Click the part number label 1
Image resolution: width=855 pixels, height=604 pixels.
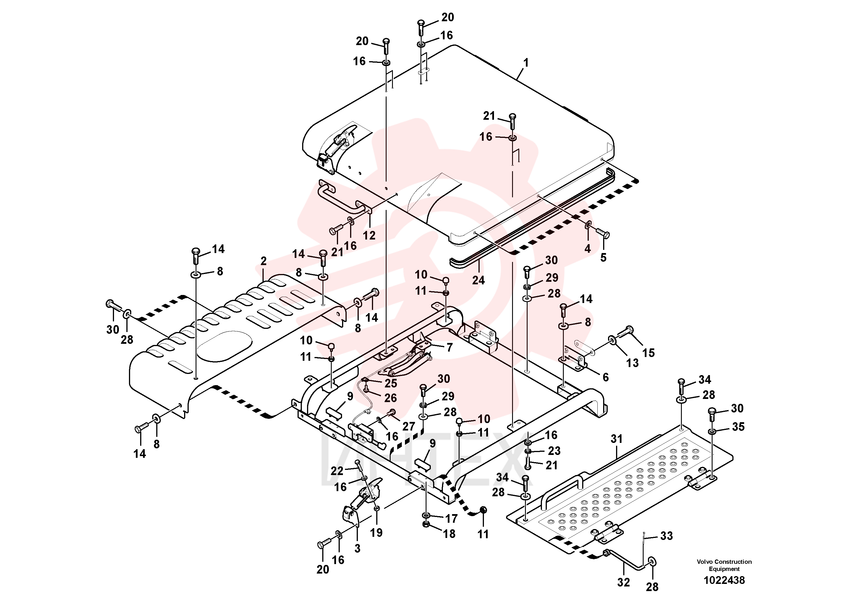pos(526,63)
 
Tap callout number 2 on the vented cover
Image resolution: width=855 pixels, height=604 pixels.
pos(264,261)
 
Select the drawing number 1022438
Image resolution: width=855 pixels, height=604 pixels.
pos(724,580)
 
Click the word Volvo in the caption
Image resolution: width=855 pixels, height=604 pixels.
pos(705,561)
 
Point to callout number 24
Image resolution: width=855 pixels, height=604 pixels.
pos(478,280)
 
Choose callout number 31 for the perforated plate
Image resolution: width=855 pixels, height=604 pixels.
pos(617,439)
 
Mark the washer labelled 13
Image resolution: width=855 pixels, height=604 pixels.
pos(612,339)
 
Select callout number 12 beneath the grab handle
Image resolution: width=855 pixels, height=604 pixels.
pos(369,235)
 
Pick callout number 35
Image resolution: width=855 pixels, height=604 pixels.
pos(738,427)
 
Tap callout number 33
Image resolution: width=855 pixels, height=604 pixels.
pos(667,536)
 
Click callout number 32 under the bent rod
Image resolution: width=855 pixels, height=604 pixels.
pos(624,582)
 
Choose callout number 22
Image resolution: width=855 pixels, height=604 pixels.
pos(337,471)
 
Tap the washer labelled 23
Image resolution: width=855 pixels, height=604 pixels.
pos(529,451)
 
